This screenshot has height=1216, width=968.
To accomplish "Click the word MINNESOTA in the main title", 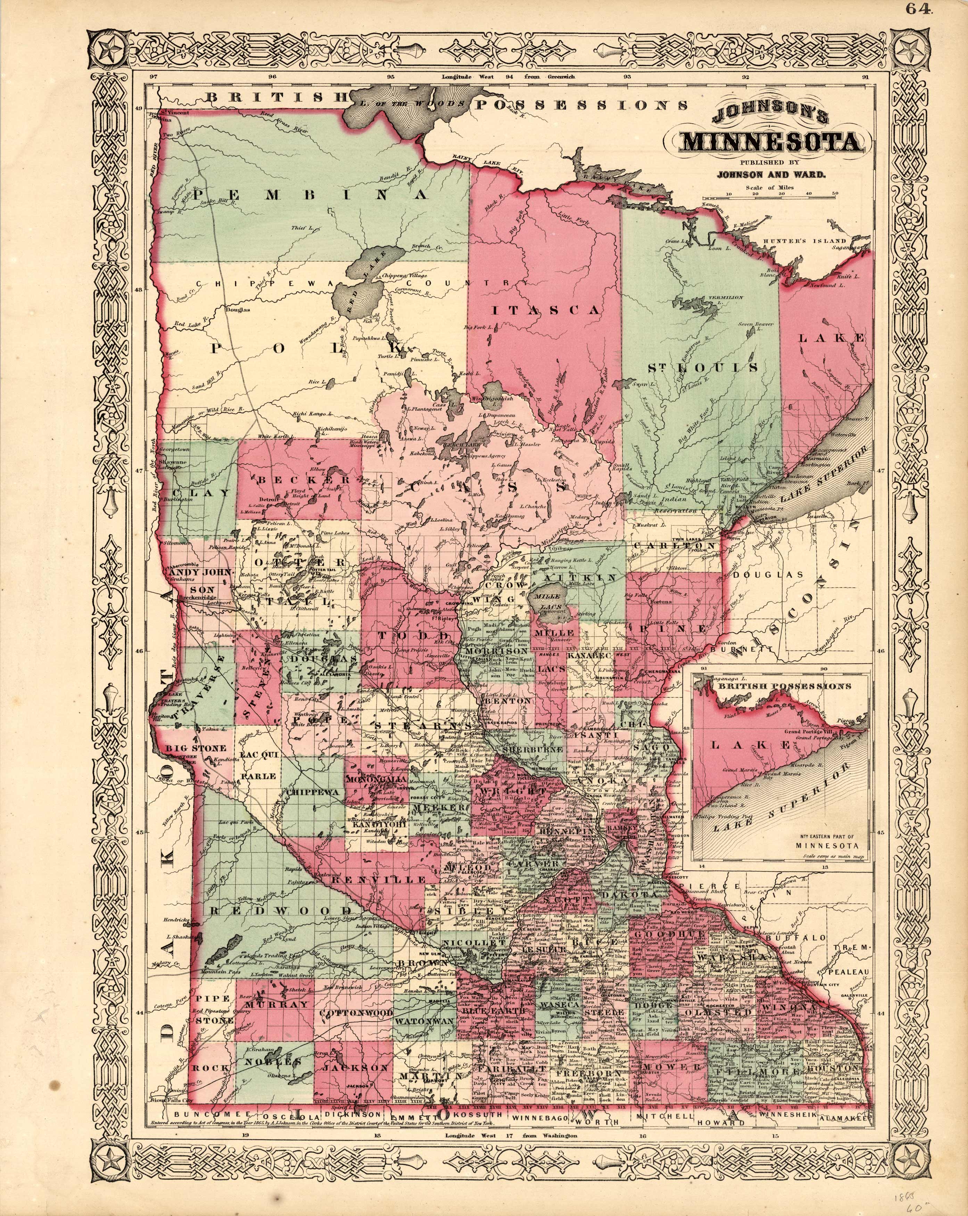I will (771, 142).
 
